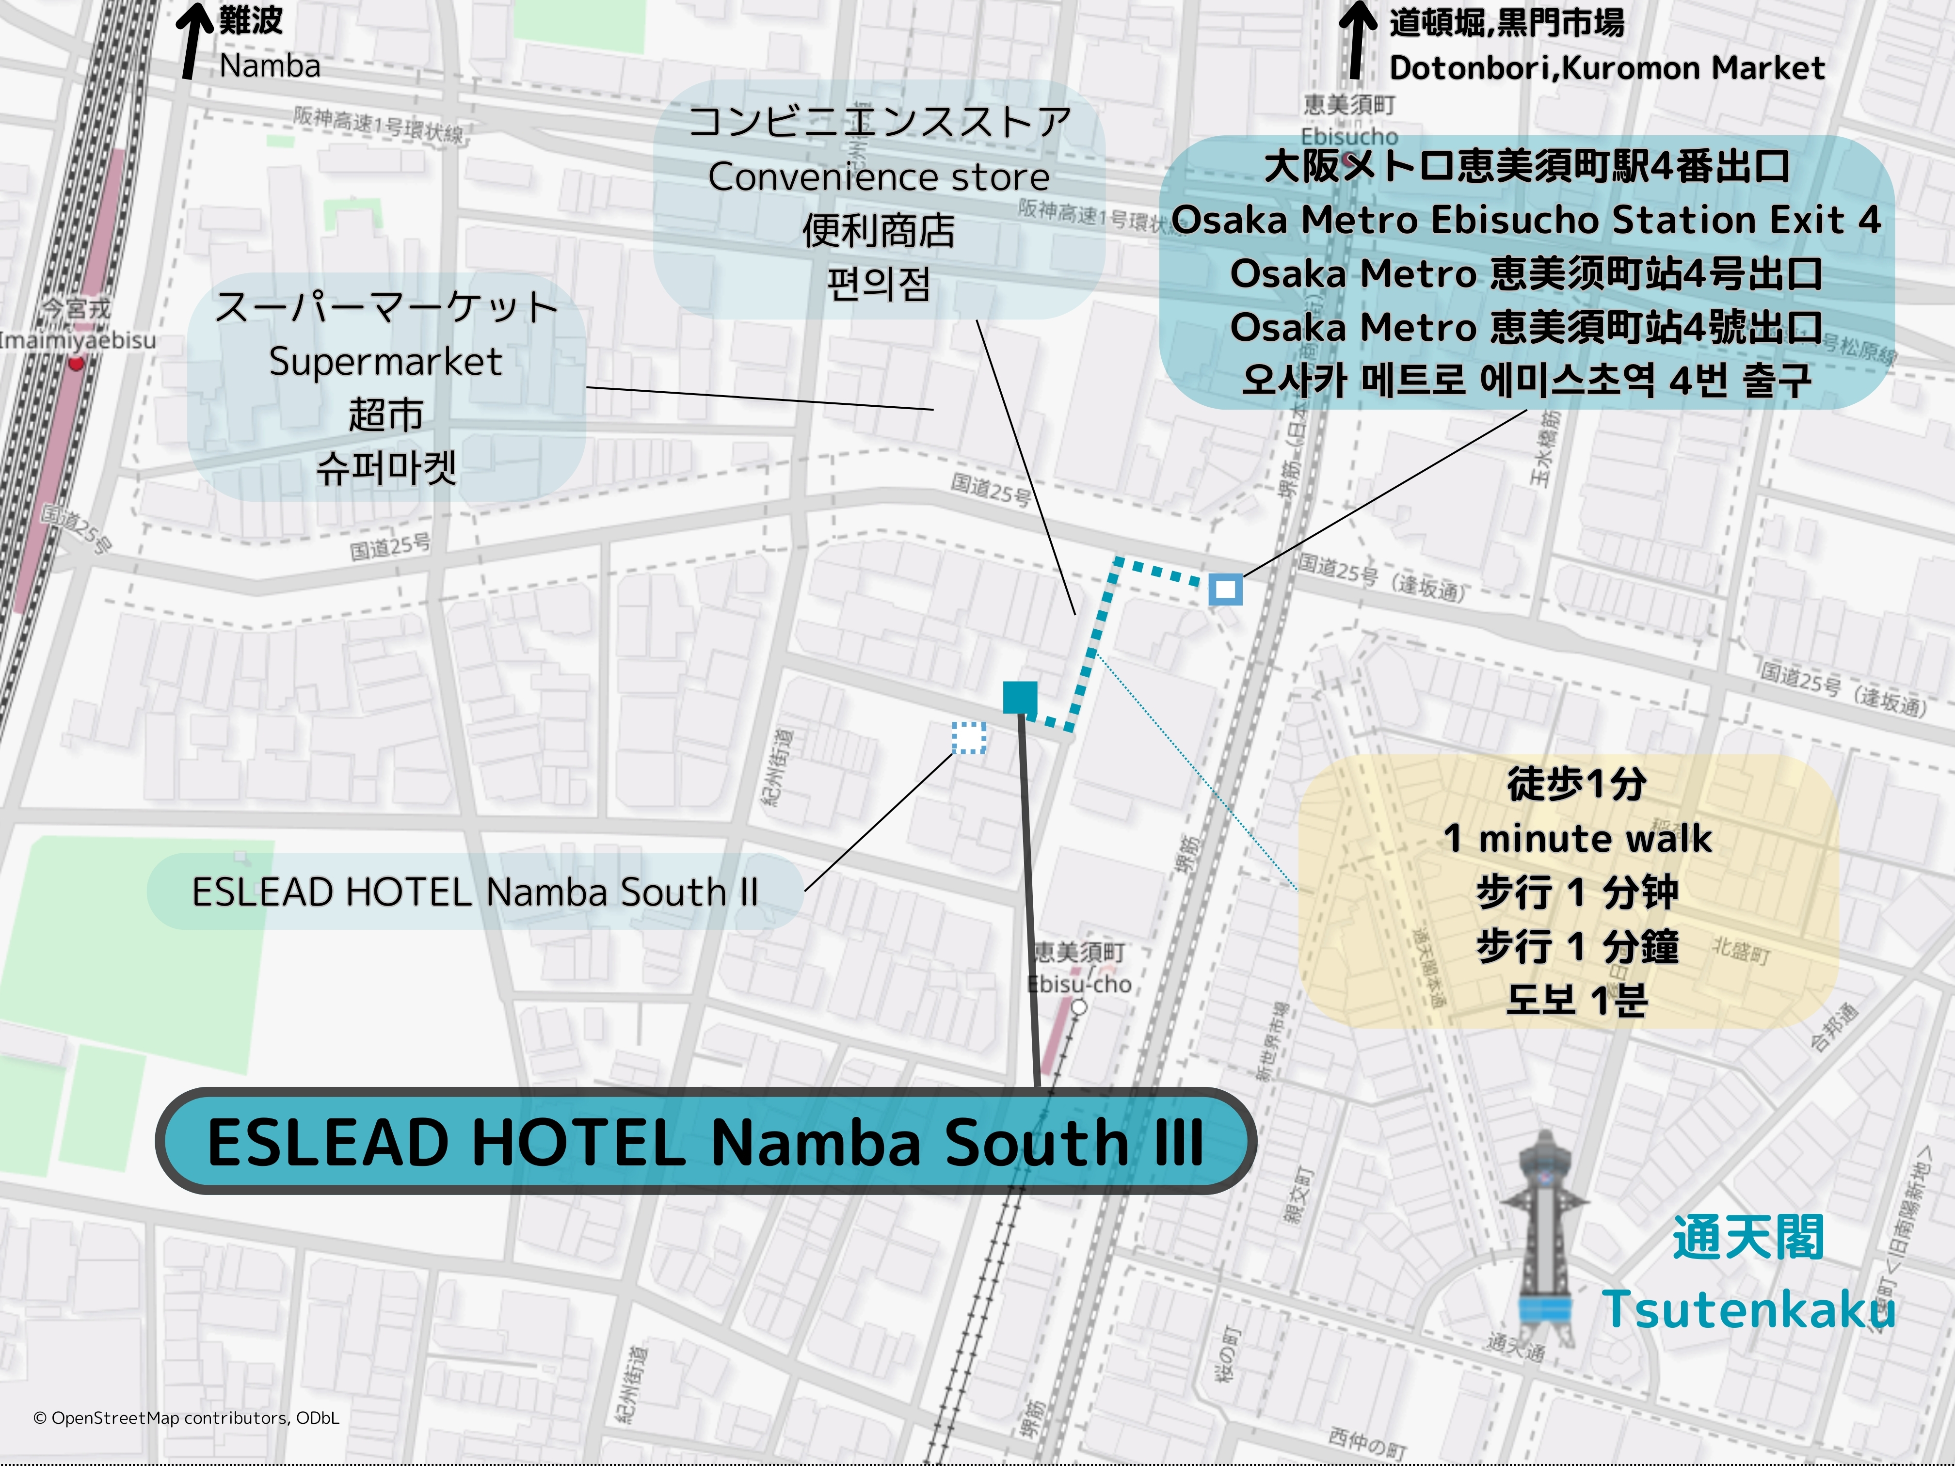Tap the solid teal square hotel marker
[x=1020, y=697]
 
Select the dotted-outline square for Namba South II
[x=969, y=737]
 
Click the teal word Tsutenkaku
[x=1748, y=1309]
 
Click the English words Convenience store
[x=879, y=177]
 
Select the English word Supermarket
[x=385, y=362]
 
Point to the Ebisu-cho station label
[x=1079, y=984]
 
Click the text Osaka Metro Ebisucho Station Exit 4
[x=1526, y=219]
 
